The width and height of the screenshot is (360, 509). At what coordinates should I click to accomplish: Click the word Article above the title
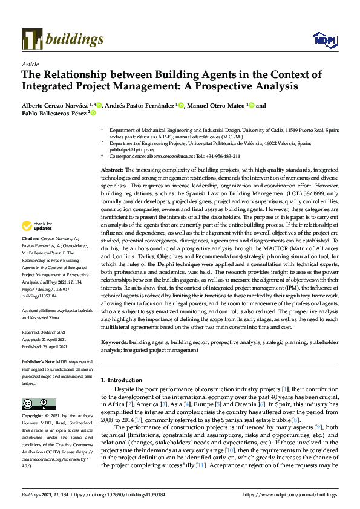coord(30,64)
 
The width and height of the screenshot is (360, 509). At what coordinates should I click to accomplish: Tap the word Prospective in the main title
coord(211,86)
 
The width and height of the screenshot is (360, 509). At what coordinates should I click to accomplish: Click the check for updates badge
coord(38,225)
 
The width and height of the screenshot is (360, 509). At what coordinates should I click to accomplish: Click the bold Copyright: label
coord(33,416)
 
